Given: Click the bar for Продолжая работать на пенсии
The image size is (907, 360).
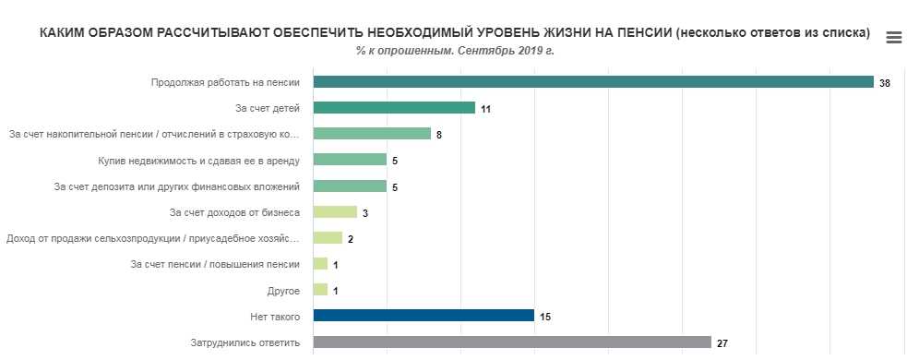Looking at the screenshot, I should (592, 82).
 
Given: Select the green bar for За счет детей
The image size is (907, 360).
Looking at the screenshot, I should (394, 108).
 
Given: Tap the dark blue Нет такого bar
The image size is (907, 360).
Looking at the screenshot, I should (424, 316).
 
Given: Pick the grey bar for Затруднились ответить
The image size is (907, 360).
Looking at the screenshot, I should (512, 342).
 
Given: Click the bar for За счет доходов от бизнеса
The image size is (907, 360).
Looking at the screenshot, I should (335, 212).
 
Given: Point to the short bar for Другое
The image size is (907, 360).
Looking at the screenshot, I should (320, 290).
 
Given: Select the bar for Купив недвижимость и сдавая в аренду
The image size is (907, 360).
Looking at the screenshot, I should (350, 160).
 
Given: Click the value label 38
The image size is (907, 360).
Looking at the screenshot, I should (884, 83).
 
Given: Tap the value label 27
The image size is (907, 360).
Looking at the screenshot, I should (722, 343).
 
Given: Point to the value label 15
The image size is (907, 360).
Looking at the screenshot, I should (545, 317).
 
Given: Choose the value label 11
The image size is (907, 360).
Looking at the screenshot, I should (485, 109).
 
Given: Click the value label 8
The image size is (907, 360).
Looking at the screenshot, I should (439, 135).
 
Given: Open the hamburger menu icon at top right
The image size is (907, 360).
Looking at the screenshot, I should (893, 38).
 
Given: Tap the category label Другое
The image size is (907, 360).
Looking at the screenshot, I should (282, 291).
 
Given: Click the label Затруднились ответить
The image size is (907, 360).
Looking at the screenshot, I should (245, 342).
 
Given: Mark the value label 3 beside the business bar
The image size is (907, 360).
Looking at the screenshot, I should (365, 213).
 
